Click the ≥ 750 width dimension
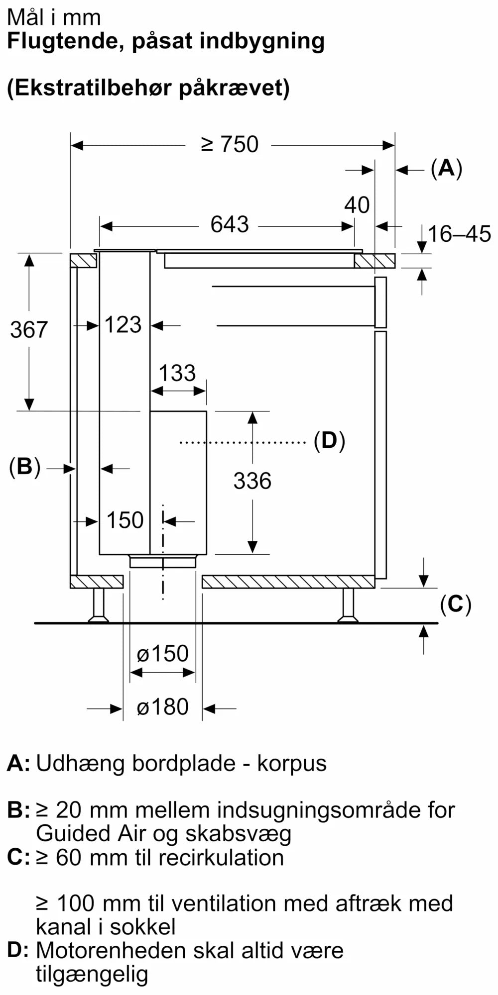230,145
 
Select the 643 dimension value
230,225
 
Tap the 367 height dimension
29,330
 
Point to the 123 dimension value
123,325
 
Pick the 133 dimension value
177,373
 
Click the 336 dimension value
252,481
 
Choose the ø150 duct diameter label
162,654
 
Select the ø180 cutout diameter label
162,707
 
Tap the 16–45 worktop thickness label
459,234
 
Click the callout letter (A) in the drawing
446,168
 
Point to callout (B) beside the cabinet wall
24,467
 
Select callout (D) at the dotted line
329,441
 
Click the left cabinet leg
99,605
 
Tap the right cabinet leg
348,605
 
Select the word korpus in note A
292,763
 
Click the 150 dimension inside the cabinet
125,520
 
